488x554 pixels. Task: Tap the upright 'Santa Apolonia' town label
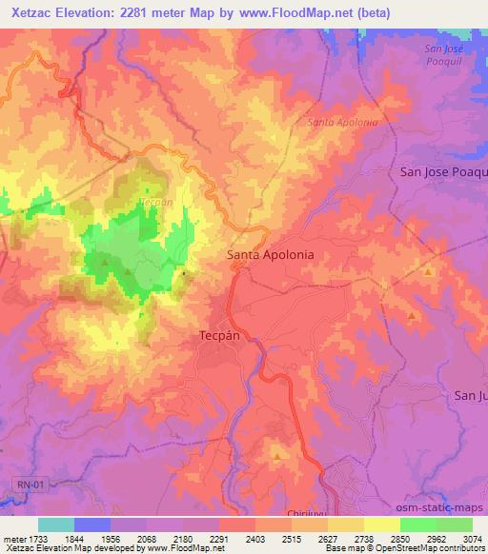point(270,256)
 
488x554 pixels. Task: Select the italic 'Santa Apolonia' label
point(343,123)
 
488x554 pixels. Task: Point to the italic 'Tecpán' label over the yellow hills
point(155,203)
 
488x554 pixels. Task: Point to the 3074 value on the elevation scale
point(472,538)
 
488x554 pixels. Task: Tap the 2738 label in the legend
point(365,538)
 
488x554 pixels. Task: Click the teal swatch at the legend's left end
point(56,524)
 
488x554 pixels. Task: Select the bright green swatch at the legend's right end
point(455,524)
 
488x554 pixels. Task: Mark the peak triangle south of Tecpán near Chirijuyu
point(277,457)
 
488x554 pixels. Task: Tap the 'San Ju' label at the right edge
point(471,395)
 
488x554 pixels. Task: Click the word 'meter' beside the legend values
point(13,538)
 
